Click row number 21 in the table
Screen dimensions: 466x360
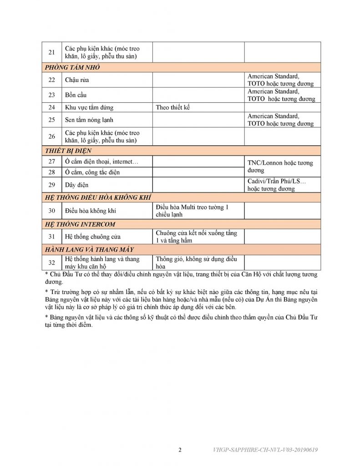(52, 52)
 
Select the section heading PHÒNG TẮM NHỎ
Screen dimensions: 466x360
(72, 68)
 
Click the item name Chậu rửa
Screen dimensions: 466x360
(77, 80)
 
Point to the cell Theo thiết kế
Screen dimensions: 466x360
(175, 108)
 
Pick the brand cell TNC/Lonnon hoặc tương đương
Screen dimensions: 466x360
(280, 167)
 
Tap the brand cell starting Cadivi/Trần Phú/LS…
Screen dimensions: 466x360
(277, 185)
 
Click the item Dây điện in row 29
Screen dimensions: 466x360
(77, 185)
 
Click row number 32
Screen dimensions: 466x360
(52, 262)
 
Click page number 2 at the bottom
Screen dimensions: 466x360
(180, 451)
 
